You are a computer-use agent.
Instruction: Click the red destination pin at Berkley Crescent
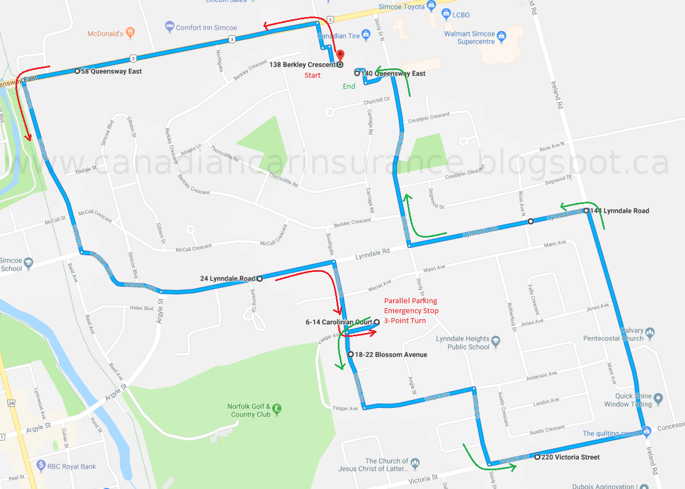click(x=340, y=55)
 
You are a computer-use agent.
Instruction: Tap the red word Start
click(x=312, y=75)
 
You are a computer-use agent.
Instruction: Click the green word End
click(x=349, y=86)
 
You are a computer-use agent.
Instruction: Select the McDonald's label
click(x=105, y=34)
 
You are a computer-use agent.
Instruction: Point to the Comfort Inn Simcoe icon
click(x=169, y=27)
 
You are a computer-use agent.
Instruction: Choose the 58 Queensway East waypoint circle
click(x=77, y=71)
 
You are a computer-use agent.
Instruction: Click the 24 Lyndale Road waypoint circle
click(x=259, y=278)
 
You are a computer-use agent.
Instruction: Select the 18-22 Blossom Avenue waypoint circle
click(x=351, y=354)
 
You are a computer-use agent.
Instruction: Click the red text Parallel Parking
click(x=411, y=301)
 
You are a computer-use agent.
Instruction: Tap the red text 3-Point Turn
click(x=405, y=320)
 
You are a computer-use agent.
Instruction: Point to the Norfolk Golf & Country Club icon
click(x=277, y=409)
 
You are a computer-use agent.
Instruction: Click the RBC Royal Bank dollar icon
click(x=40, y=465)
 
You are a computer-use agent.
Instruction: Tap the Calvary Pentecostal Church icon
click(x=650, y=333)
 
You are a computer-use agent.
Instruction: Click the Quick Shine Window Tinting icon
click(x=657, y=397)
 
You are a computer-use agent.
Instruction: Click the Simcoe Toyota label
click(x=402, y=7)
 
